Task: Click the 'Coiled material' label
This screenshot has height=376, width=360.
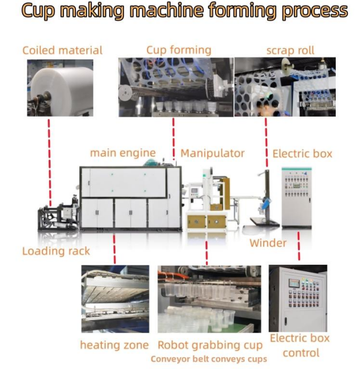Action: click(62, 50)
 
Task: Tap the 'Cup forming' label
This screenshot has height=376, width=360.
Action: click(178, 50)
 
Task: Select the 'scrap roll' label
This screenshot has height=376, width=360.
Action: click(290, 50)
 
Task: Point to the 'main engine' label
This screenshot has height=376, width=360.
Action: click(123, 153)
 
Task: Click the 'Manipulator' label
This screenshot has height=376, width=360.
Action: click(212, 153)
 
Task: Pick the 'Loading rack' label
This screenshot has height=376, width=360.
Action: click(56, 251)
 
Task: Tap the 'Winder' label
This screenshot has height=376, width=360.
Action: click(268, 243)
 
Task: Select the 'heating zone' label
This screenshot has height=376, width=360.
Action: click(114, 345)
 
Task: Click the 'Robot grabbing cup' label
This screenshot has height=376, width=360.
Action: click(210, 345)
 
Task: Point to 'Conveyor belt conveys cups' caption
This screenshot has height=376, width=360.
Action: click(209, 359)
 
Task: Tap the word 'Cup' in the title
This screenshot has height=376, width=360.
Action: click(36, 11)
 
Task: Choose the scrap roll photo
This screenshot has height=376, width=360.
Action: click(285, 88)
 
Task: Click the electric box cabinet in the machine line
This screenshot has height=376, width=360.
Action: click(296, 197)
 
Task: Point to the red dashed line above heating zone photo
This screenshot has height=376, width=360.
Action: click(114, 248)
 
